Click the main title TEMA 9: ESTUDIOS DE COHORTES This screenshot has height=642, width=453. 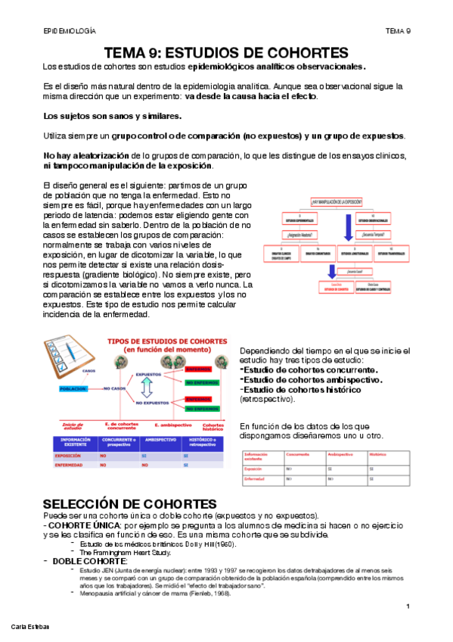225,52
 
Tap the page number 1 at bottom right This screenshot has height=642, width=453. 408,607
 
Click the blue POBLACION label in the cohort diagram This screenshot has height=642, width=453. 76,388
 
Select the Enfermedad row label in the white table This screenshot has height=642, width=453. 254,479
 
